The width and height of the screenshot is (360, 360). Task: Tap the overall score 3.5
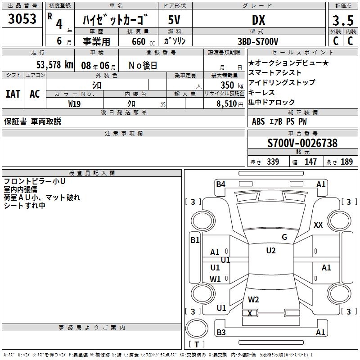coord(342,21)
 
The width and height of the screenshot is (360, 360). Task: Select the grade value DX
coord(258,20)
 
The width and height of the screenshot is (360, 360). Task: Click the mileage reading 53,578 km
coord(55,65)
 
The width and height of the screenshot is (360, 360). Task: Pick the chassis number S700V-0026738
coord(302,143)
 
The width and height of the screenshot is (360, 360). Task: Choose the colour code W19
coord(75,103)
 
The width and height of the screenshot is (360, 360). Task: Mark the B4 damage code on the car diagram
coord(220,184)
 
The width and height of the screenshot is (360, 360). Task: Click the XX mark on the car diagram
coord(318,225)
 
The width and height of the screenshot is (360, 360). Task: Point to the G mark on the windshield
coord(284,237)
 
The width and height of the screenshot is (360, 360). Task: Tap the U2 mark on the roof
coord(270,251)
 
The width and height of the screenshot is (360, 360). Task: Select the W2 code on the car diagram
coord(253,299)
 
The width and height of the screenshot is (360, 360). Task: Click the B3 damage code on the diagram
coord(220,333)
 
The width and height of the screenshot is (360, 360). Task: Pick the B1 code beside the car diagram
coord(195,240)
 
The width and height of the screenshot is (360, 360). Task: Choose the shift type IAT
coord(13,94)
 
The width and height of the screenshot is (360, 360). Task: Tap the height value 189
coord(346,162)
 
